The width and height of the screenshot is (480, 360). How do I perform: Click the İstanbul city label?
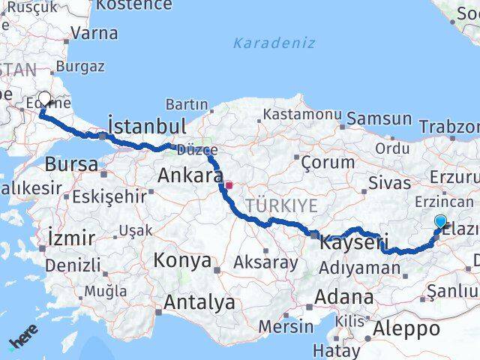tap(147, 125)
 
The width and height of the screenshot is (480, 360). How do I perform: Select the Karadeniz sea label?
tap(274, 43)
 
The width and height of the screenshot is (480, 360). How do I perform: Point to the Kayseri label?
tap(353, 243)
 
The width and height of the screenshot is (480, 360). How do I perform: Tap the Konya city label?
tap(182, 260)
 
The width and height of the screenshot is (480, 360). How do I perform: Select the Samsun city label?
tap(379, 118)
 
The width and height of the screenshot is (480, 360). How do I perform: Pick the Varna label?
tap(94, 33)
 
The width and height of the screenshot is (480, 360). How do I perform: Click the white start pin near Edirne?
tap(44, 99)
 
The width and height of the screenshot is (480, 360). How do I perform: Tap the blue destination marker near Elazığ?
tap(440, 220)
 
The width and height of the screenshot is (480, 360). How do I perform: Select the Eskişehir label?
tap(109, 197)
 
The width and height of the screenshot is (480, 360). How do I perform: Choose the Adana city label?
tap(343, 296)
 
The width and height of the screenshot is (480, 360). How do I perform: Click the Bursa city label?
tap(71, 164)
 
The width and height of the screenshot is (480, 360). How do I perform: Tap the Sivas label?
tap(387, 182)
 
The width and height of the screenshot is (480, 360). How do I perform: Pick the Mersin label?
tap(286, 327)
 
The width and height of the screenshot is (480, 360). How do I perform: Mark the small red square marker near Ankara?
tap(229, 184)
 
